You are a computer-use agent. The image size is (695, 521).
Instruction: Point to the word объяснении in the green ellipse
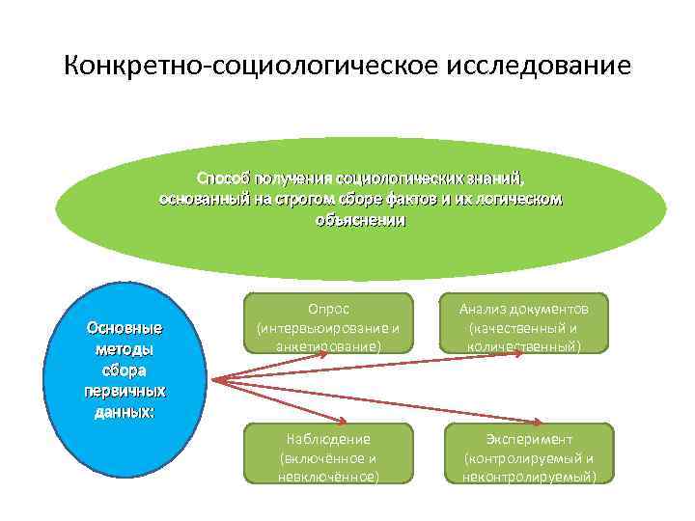[x=361, y=220]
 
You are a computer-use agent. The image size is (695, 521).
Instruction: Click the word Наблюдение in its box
[x=328, y=439]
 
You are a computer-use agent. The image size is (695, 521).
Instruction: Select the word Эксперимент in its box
[x=529, y=439]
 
